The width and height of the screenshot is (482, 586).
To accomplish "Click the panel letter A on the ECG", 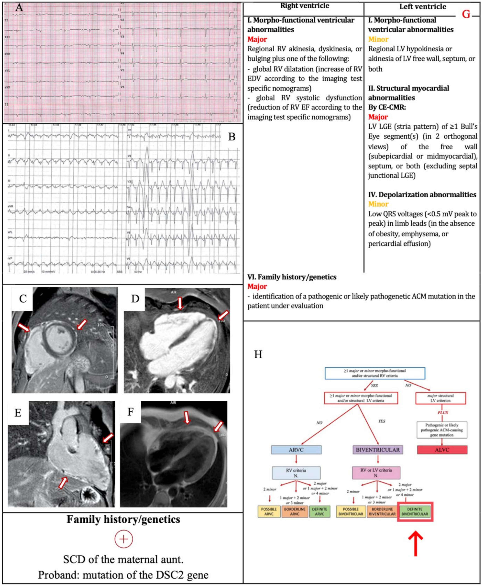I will point(19,7).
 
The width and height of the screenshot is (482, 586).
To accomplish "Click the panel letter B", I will point(232,137).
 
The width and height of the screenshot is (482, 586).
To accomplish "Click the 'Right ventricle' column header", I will point(305,6).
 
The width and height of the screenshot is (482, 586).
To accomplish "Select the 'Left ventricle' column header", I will point(423,7).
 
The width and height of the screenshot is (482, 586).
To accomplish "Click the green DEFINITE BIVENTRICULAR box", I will point(415,512).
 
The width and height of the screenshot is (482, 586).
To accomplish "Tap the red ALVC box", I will point(442,450).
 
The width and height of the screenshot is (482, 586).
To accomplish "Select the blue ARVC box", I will point(296,450).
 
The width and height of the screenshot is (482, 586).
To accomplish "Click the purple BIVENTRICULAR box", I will point(378,450).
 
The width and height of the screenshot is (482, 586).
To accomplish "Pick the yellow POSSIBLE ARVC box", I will point(269,512).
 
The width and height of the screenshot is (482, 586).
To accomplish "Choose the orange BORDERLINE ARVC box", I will point(295,512).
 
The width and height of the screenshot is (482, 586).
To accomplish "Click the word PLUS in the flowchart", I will point(443,413).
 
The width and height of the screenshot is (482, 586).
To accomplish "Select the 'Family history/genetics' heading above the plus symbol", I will point(123,519).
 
